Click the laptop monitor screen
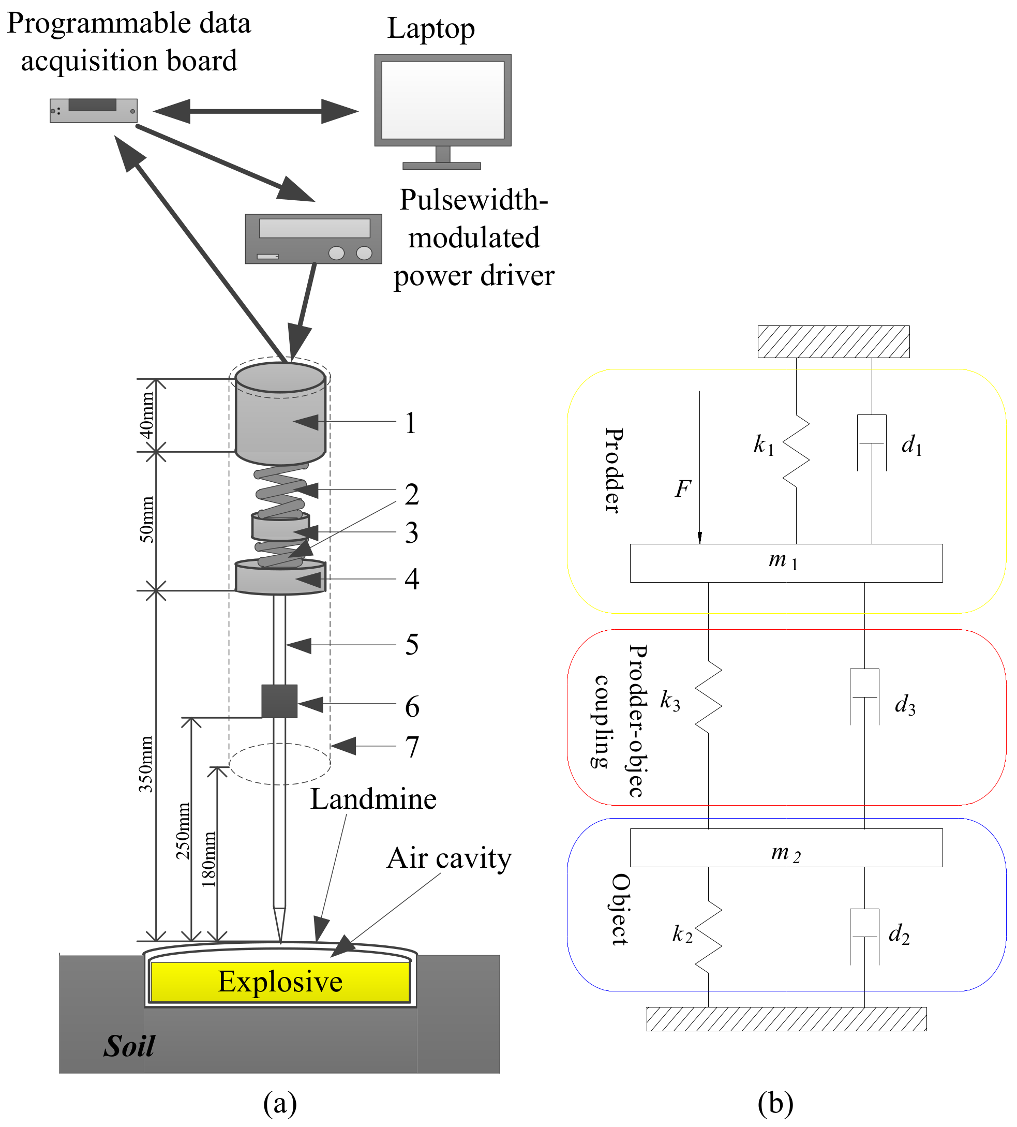[443, 99]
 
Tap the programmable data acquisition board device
[93, 111]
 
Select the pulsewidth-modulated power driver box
[313, 239]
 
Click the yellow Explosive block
[280, 982]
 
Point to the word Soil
[129, 1046]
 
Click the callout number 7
[412, 747]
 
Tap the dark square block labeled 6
[279, 702]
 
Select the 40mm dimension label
[146, 416]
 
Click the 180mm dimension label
[208, 859]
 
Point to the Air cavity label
[448, 858]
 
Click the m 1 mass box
[786, 563]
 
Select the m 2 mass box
[786, 848]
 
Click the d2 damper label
[899, 934]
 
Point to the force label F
[683, 489]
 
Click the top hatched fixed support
[833, 342]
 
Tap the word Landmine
[373, 799]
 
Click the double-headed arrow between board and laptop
[256, 111]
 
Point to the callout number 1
[411, 423]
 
